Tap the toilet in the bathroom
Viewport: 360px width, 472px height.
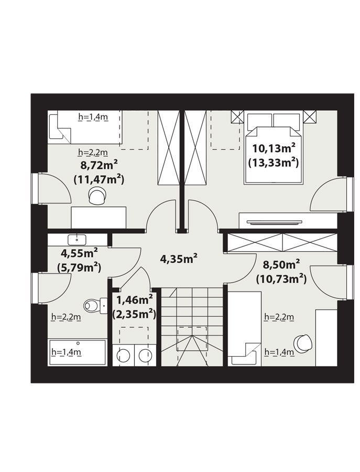tap(95, 306)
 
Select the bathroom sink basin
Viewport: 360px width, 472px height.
tap(77, 240)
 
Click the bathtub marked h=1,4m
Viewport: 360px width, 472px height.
tap(78, 352)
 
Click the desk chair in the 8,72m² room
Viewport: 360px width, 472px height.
tap(97, 196)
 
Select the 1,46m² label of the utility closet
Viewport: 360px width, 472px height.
tap(135, 300)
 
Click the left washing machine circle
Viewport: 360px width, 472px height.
tap(123, 356)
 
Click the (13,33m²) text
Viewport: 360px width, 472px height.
tap(273, 163)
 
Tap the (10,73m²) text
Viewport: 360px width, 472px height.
tap(281, 279)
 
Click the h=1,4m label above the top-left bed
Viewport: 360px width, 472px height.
tap(93, 117)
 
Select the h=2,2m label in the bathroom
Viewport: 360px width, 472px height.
tap(66, 317)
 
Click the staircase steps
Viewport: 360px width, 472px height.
tap(192, 327)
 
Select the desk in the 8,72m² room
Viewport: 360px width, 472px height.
tap(99, 217)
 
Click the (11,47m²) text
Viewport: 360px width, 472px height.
tap(99, 180)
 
